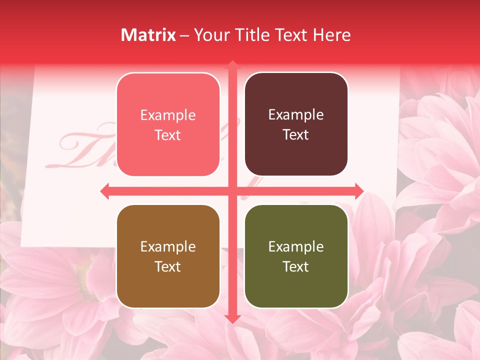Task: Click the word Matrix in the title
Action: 148,35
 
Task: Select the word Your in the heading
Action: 210,35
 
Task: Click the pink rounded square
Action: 168,124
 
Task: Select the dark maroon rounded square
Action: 296,124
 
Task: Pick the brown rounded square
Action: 168,256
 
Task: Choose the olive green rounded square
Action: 296,256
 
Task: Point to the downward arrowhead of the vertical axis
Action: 232,318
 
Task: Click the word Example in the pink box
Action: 168,115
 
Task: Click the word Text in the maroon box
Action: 296,135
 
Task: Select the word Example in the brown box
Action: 168,247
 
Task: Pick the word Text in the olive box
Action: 296,267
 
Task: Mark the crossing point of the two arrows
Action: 232,191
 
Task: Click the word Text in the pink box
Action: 168,135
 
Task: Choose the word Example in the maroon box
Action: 296,115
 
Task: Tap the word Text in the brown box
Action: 168,267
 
